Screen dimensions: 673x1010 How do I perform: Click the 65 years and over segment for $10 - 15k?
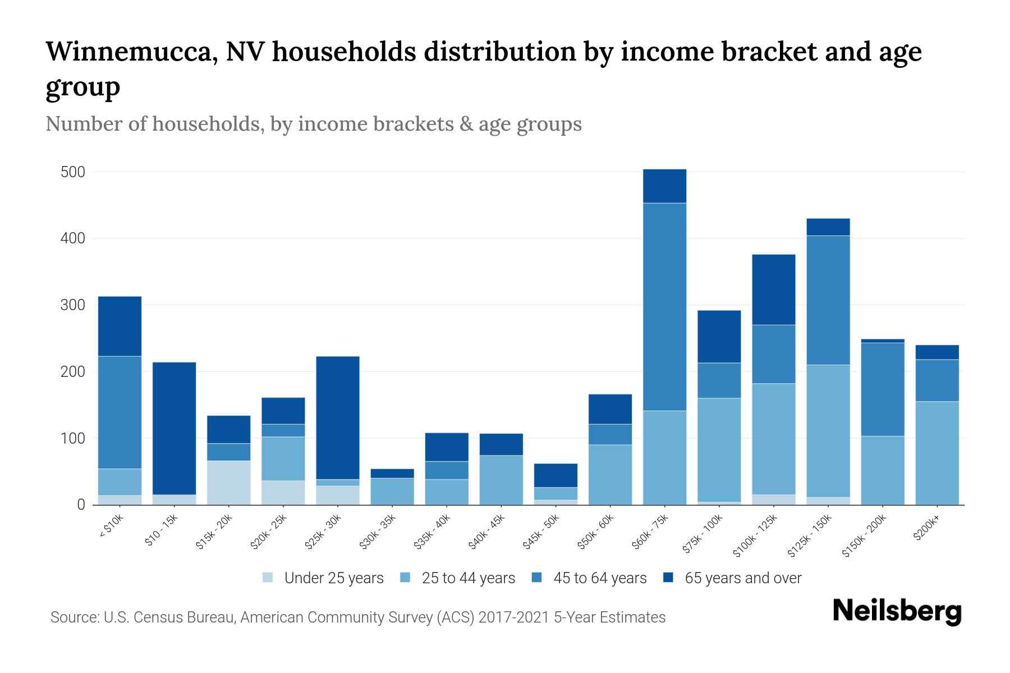pos(175,428)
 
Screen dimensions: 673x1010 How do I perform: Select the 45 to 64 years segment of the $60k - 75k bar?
pos(664,307)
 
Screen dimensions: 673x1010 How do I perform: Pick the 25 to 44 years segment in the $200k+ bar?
pos(937,453)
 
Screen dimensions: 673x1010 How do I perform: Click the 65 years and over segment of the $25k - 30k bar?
pos(338,418)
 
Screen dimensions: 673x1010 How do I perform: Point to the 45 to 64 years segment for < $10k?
pos(120,412)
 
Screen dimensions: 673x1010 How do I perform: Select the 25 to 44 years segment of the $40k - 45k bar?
pos(501,480)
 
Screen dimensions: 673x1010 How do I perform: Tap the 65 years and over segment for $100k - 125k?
pos(774,290)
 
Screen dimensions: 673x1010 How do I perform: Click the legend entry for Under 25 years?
pos(323,578)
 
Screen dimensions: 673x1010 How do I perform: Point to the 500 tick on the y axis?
pos(73,172)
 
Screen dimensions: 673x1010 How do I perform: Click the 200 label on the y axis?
pos(73,372)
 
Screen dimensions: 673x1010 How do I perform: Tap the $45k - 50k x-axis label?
pos(541,532)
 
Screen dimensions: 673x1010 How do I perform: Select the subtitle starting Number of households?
pos(313,124)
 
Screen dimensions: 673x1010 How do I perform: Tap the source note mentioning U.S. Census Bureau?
pos(357,617)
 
